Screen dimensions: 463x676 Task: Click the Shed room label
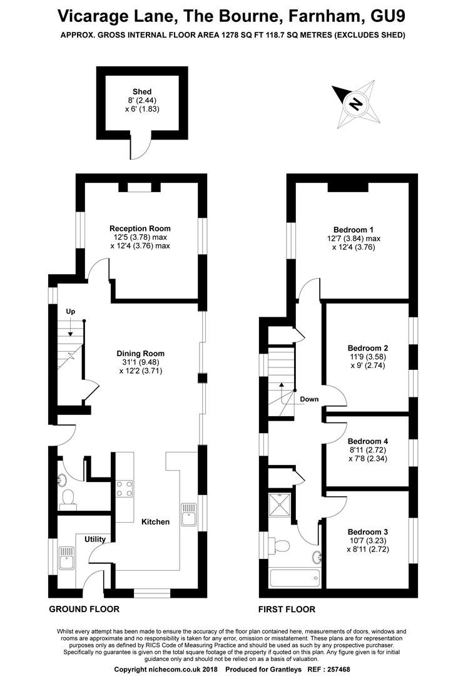[x=142, y=91]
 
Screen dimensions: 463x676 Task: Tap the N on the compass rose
[x=355, y=104]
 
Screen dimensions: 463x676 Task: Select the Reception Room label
[x=140, y=228]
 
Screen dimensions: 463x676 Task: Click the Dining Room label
[x=141, y=354]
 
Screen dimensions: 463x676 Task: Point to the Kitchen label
[x=156, y=521]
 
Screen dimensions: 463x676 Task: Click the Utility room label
[x=95, y=540]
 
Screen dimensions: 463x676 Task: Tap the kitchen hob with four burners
[x=124, y=488]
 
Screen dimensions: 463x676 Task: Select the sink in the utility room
[x=66, y=558]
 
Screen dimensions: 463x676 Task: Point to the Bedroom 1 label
[x=354, y=230]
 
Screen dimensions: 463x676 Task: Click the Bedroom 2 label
[x=368, y=348]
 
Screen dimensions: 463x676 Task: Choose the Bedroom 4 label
[x=368, y=441]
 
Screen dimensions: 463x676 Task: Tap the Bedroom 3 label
[x=368, y=532]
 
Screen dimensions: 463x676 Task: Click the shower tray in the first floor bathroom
[x=280, y=504]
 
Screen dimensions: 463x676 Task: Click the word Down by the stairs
[x=309, y=399]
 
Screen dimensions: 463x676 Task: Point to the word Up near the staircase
[x=70, y=312]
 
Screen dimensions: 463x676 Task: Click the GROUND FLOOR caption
[x=84, y=609]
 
